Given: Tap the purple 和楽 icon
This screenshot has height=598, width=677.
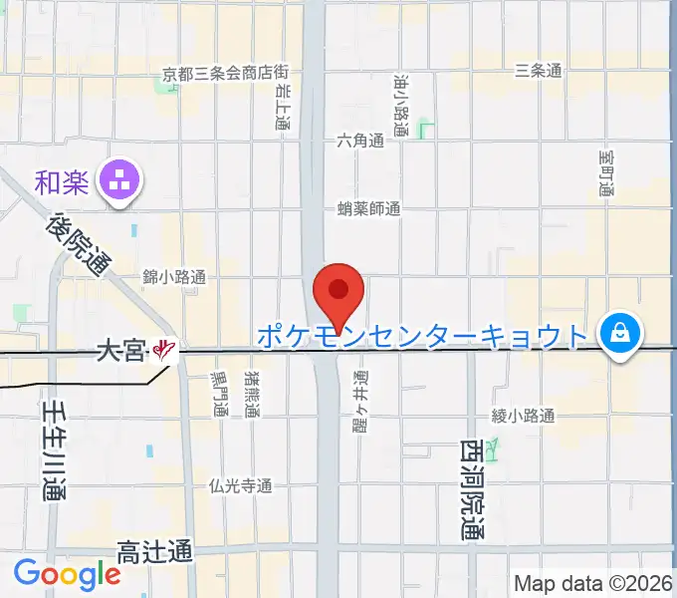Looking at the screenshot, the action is [124, 181].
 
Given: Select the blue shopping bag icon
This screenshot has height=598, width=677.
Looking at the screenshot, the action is [620, 332].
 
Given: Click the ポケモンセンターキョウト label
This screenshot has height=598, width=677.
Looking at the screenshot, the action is [422, 335].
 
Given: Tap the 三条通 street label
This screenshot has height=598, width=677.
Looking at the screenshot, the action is [539, 71].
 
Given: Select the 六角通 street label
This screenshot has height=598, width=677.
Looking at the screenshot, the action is [359, 142].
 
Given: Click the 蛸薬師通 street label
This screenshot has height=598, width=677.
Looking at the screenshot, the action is [368, 209].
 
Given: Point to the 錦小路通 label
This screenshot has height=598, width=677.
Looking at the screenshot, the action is [174, 278].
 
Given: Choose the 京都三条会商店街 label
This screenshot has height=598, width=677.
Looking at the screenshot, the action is [227, 74].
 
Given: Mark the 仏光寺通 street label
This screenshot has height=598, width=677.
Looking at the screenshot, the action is [240, 486].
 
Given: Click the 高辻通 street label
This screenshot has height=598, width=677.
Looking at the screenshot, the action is [154, 550].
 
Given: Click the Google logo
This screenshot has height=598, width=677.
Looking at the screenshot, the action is [67, 574].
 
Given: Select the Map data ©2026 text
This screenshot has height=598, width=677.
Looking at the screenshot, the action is [592, 582].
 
